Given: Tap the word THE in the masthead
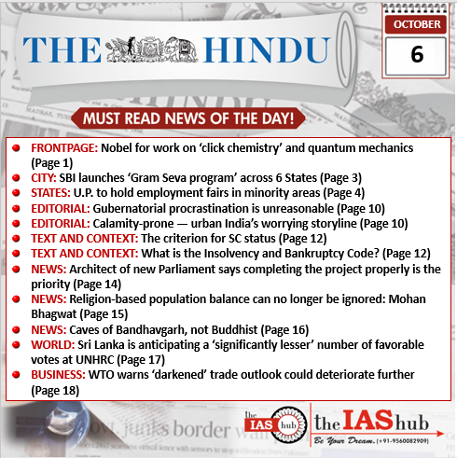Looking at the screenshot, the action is click(62, 53).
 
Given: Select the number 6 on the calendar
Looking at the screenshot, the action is click(416, 54).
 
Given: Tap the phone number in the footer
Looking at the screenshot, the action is click(410, 440).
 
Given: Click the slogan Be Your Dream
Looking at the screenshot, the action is click(339, 439).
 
